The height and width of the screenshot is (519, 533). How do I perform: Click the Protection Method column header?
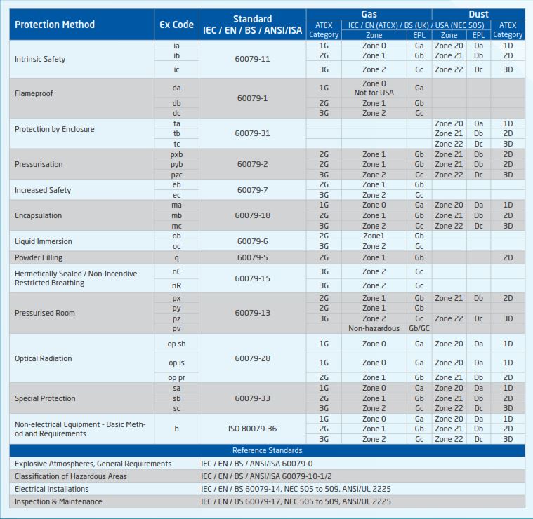coord(54,25)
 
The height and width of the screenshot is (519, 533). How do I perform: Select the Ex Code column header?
coord(176,25)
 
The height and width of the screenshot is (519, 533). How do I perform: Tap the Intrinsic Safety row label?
coord(40,59)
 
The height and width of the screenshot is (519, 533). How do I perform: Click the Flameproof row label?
coord(34,93)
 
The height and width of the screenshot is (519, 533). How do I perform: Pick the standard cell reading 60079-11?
coord(252,59)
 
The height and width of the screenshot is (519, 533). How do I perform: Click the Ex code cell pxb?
coord(176,154)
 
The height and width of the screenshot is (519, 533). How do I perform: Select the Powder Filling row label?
coord(39,257)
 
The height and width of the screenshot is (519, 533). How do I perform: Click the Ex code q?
coord(176,257)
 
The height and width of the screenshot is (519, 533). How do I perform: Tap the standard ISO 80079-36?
coord(252,429)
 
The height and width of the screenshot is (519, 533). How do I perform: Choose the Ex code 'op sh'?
coord(176,344)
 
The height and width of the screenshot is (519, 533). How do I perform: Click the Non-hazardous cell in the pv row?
coord(374,328)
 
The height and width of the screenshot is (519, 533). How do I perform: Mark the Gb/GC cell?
coord(419,328)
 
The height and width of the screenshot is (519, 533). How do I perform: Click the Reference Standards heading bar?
coord(267,450)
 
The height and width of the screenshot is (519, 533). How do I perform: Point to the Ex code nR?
coord(176,285)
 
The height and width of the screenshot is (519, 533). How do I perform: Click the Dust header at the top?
coord(478,14)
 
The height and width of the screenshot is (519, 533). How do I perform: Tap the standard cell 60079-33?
coord(252,398)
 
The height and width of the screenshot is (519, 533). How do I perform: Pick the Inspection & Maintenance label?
coord(58,501)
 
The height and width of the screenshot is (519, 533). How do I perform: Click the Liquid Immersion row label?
coord(44,241)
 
